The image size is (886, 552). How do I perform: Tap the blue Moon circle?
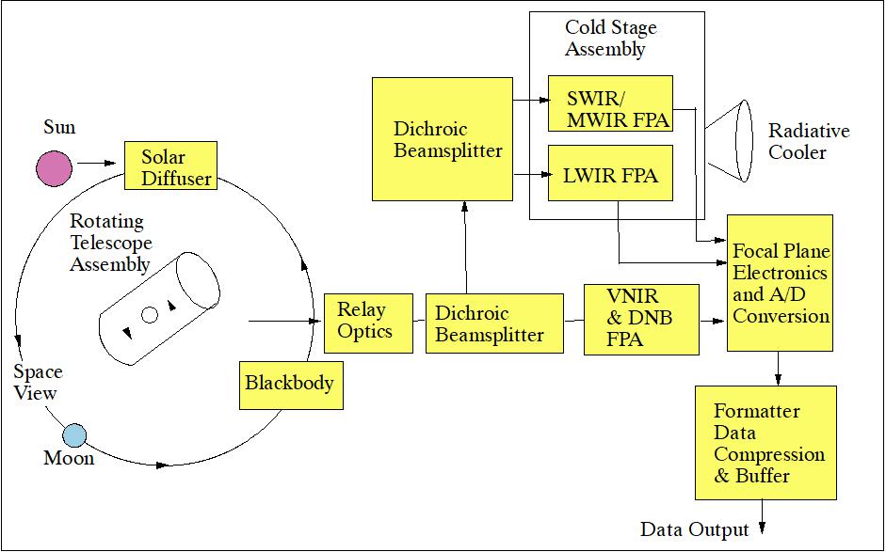[x=74, y=435]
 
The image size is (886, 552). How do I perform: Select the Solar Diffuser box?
[x=170, y=166]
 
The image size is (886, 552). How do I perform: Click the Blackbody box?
[x=290, y=384]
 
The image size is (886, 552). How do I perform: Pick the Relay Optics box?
[x=367, y=322]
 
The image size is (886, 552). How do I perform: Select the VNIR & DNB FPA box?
[x=641, y=320]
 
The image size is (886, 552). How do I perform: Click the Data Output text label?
[x=694, y=529]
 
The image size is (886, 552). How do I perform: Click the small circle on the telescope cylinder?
[x=150, y=315]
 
